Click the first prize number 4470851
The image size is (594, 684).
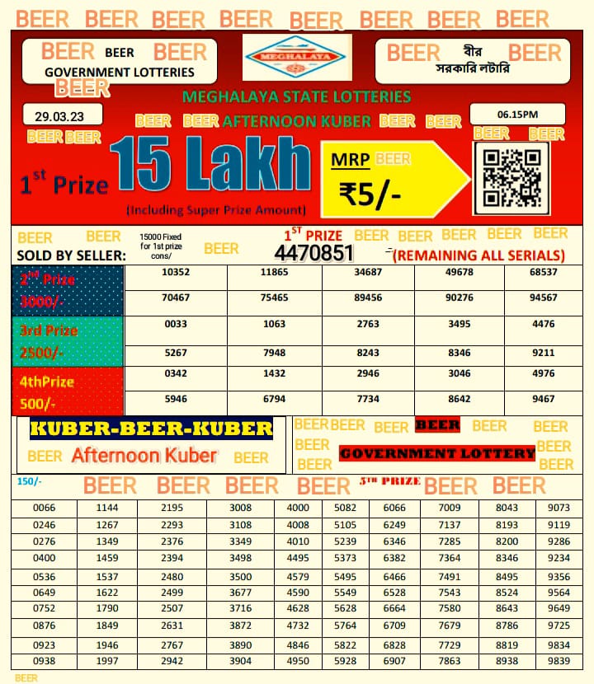tap(313, 253)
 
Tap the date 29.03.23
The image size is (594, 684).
tap(64, 114)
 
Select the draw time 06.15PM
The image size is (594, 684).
tap(516, 114)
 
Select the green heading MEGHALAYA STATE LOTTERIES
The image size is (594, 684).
tap(297, 96)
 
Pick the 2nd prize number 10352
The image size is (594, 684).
tap(177, 272)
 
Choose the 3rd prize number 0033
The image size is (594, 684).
tap(177, 324)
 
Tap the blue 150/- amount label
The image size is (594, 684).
tap(29, 481)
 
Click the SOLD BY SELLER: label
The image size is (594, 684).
tap(71, 255)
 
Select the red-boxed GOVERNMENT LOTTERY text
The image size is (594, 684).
tap(437, 453)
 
